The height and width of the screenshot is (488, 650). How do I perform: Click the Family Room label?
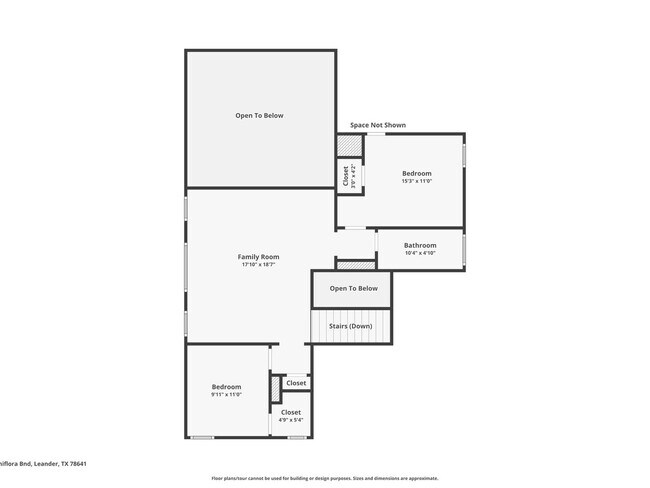click(258, 257)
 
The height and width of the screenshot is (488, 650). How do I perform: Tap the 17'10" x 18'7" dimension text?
click(258, 265)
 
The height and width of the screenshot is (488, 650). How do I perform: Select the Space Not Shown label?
click(378, 125)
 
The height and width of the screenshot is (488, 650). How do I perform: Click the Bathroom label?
click(420, 245)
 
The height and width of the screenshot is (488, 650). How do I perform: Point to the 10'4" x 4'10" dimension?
click(420, 253)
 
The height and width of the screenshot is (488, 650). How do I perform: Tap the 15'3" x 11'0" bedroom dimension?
click(417, 181)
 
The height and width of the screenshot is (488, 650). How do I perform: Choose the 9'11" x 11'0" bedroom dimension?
click(226, 395)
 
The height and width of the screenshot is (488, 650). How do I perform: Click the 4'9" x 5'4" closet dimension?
click(291, 420)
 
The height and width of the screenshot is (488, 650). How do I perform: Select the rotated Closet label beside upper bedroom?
click(347, 177)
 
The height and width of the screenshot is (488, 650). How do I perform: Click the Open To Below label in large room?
click(259, 116)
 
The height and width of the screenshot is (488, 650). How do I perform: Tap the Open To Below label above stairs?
click(354, 288)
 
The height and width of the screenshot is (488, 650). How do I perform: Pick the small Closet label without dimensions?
click(296, 383)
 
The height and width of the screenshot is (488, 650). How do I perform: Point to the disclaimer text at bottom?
click(325, 478)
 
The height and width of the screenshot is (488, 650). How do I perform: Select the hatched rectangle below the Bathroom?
click(355, 265)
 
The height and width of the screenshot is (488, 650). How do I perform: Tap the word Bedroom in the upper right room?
click(417, 173)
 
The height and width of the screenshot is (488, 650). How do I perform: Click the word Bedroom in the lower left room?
click(226, 387)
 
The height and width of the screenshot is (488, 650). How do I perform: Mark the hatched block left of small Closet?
click(275, 388)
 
